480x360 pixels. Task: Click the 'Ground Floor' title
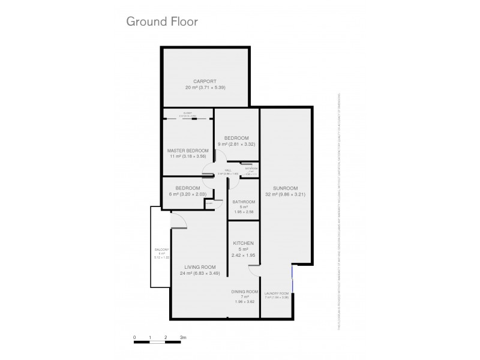pyautogui.click(x=161, y=22)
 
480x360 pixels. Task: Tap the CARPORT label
pyautogui.click(x=205, y=81)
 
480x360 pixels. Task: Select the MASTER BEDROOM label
pyautogui.click(x=188, y=150)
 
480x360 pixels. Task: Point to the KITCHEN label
pyautogui.click(x=244, y=243)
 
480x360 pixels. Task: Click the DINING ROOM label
pyautogui.click(x=244, y=292)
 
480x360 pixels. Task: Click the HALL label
pyautogui.click(x=228, y=170)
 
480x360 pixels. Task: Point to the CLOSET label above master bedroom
pyautogui.click(x=188, y=113)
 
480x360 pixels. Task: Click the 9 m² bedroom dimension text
pyautogui.click(x=236, y=144)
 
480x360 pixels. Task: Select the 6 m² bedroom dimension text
pyautogui.click(x=188, y=193)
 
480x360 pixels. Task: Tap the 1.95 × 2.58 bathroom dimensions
pyautogui.click(x=244, y=212)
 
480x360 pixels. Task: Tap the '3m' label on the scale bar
pyautogui.click(x=183, y=338)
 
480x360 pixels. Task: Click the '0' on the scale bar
pyautogui.click(x=135, y=338)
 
